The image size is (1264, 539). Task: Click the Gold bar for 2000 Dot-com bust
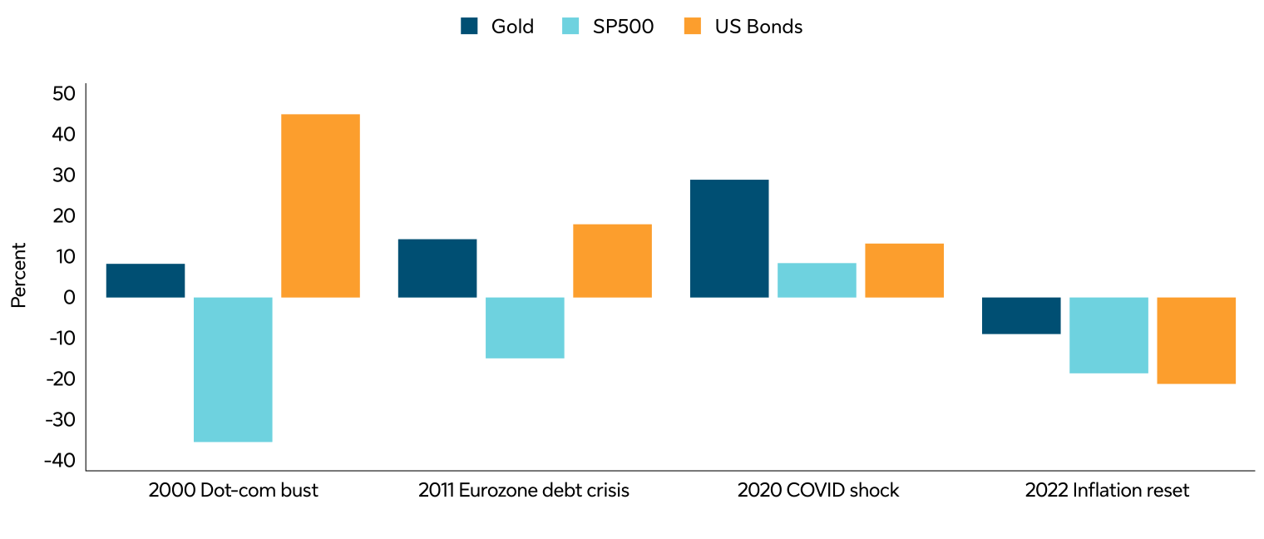click(146, 280)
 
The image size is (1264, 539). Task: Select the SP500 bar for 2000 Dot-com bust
click(233, 369)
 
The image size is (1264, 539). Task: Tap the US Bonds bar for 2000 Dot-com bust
click(320, 205)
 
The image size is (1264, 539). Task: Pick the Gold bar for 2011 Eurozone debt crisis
click(437, 268)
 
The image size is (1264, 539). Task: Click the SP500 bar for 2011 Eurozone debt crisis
click(525, 328)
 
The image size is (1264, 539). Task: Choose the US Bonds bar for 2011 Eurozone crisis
click(612, 260)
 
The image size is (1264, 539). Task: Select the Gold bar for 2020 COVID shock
click(729, 238)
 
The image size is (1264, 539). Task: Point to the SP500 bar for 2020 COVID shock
click(817, 280)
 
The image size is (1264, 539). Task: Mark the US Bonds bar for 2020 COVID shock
click(904, 270)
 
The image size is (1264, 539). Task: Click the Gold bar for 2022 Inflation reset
click(1021, 315)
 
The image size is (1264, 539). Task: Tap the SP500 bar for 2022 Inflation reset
click(1108, 335)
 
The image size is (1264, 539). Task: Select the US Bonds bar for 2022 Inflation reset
click(1196, 340)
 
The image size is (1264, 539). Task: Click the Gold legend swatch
click(469, 27)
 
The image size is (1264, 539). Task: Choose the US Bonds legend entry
click(743, 27)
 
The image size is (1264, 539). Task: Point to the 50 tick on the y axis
click(63, 93)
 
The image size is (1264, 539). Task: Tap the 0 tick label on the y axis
click(69, 297)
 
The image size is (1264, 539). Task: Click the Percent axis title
click(18, 274)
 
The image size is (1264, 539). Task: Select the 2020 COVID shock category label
click(817, 491)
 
